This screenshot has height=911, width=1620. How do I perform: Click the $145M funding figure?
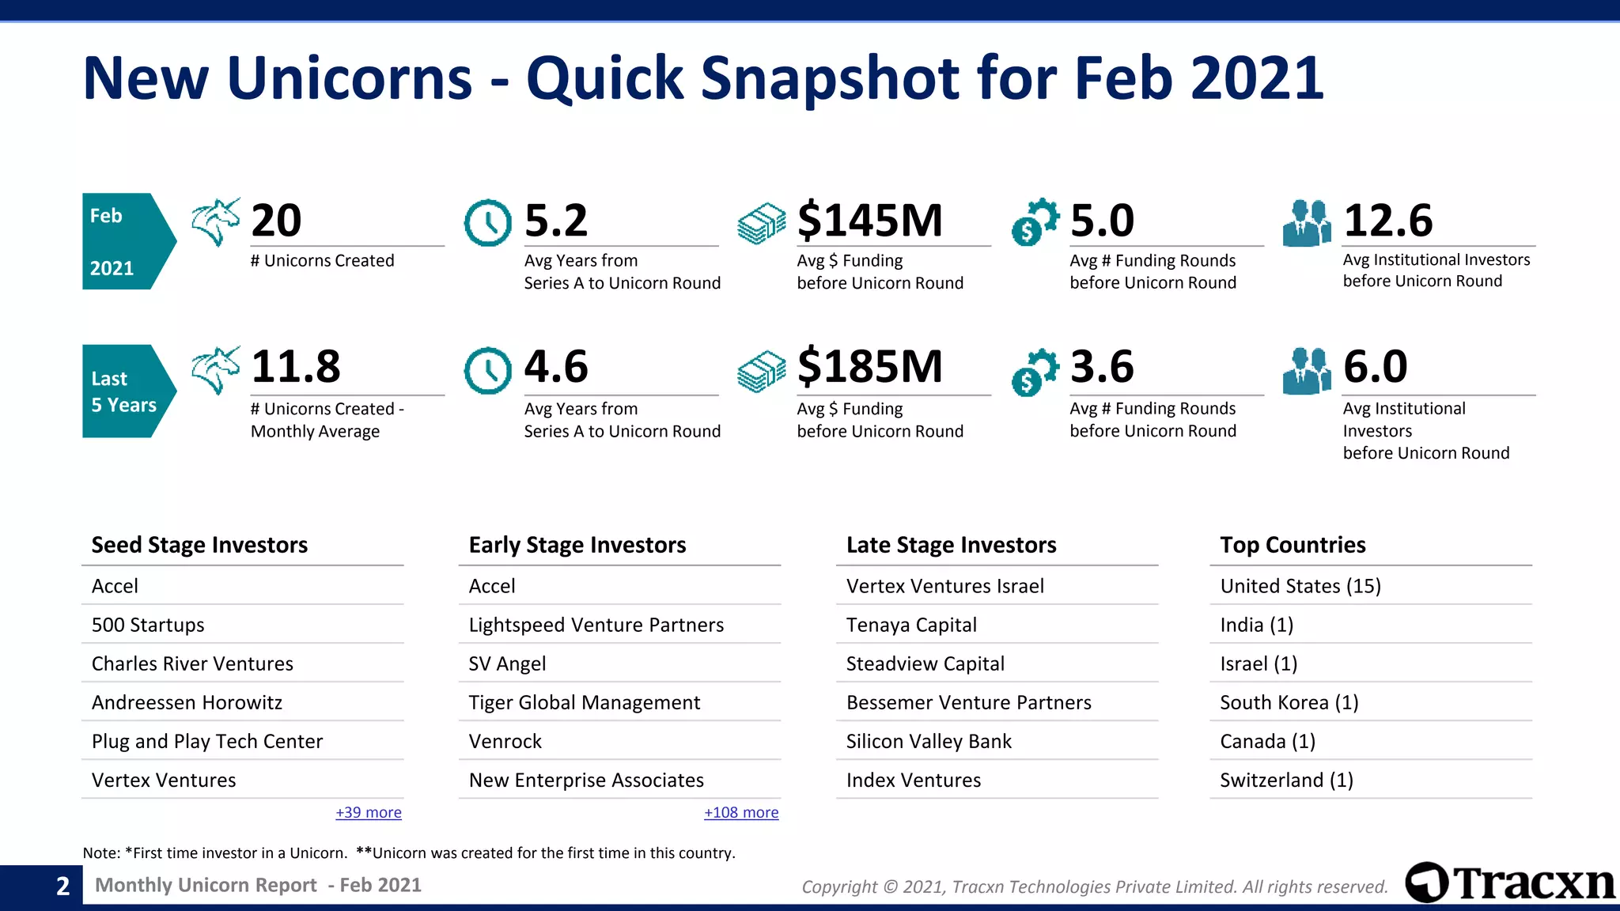869,221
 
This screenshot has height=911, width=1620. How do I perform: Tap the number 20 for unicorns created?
276,221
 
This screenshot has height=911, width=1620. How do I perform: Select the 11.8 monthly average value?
295,367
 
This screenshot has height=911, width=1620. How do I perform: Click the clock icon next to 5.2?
487,223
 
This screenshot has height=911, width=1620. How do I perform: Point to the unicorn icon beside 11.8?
215,369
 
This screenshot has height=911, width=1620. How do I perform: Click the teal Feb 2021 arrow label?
127,241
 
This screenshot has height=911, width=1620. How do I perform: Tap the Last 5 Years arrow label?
127,391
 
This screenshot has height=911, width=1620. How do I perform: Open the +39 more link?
369,812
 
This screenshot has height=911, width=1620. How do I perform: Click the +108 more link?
741,812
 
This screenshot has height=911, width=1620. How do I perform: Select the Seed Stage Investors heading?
199,545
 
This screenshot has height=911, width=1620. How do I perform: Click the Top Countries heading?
1293,545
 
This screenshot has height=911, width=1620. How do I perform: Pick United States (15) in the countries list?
1300,586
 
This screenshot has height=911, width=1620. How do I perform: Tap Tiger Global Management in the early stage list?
584,702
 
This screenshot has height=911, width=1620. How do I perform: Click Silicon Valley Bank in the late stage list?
929,741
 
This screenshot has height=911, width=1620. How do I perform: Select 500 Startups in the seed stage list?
148,625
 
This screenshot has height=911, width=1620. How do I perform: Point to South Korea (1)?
1289,702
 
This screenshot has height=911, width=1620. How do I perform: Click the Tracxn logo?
1509,883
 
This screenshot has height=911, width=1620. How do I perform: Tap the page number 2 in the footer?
63,886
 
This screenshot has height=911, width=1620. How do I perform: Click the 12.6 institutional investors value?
1387,221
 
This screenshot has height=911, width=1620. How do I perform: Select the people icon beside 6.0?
1307,371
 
